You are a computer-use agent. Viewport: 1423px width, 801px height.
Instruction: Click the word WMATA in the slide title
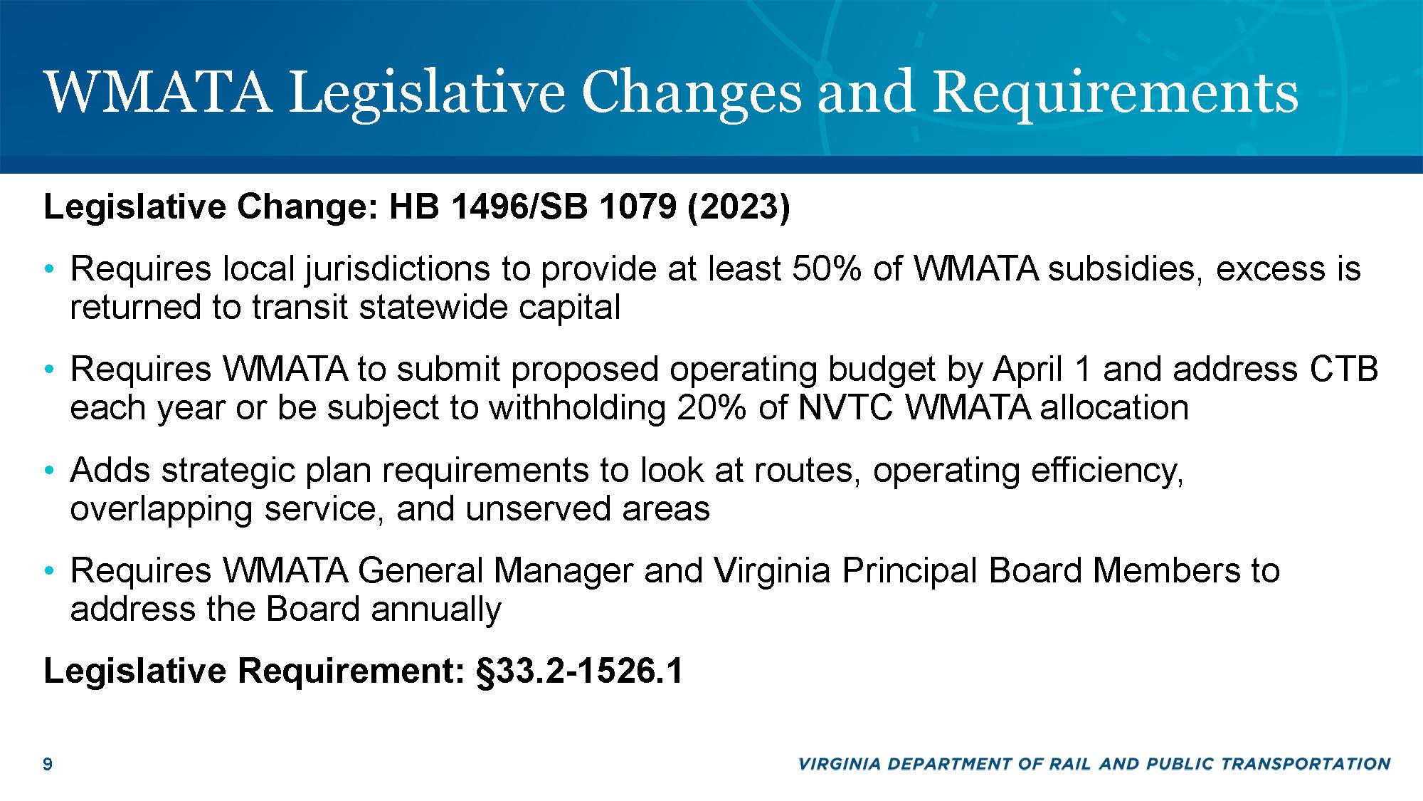158,93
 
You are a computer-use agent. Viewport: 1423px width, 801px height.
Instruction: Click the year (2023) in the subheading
738,207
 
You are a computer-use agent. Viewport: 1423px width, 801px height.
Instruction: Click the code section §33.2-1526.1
578,671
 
